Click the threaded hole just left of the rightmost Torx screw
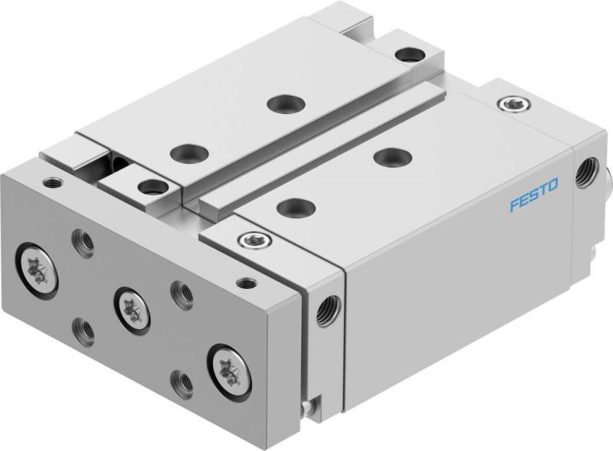pyautogui.click(x=181, y=378)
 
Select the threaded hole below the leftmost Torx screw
pyautogui.click(x=83, y=331)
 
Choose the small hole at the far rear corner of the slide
pyautogui.click(x=404, y=54)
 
